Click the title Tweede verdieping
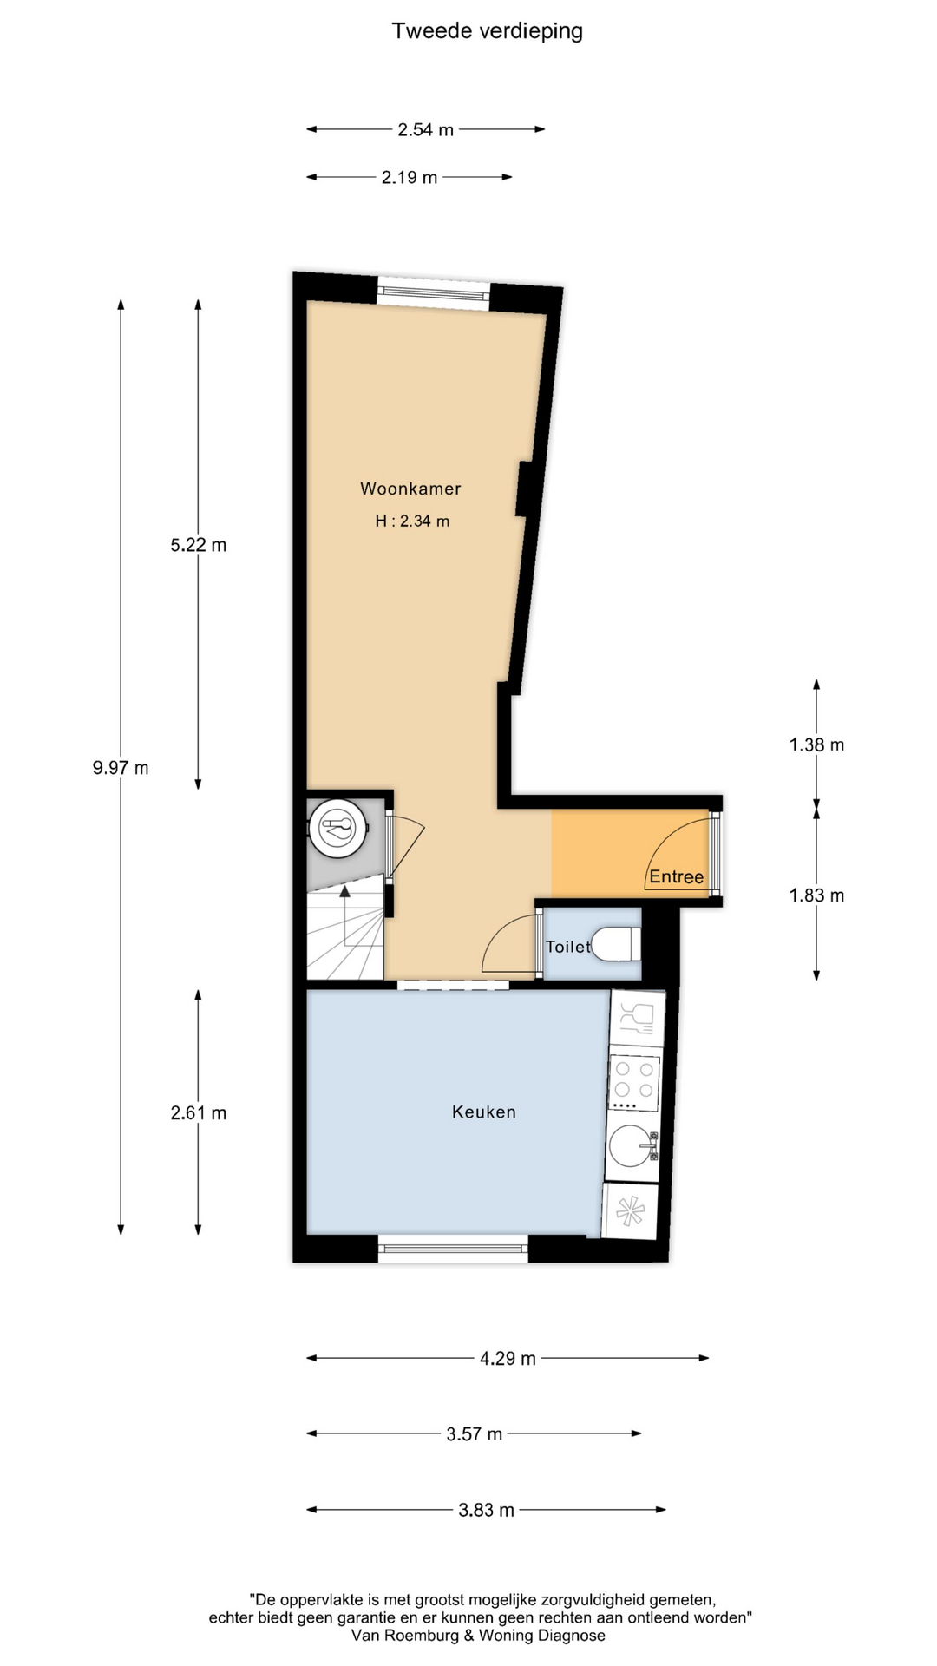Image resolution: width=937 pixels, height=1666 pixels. pos(487,31)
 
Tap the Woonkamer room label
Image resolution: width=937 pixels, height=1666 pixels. pos(410,489)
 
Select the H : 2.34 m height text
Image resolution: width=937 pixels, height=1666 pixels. pos(412,521)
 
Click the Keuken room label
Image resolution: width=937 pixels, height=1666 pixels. pos(484,1112)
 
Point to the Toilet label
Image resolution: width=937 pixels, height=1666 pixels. pos(567,947)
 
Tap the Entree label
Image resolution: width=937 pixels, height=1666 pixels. pos(677,876)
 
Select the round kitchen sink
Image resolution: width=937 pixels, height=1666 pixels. pos(632,1146)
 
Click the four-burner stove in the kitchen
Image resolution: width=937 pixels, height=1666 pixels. pos(634,1082)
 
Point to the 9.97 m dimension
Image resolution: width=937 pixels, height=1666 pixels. pos(121,768)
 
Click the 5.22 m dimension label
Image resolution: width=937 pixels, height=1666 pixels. pos(199,545)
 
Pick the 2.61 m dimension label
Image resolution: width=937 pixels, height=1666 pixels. pos(199,1112)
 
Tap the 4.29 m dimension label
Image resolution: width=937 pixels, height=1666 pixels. pos(508,1358)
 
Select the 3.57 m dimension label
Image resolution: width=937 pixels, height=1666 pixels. pos(475,1433)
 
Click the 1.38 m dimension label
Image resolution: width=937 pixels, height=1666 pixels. pos(816,744)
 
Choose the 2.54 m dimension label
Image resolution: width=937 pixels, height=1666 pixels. pos(425,130)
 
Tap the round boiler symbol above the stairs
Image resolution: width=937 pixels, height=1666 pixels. pos(337,828)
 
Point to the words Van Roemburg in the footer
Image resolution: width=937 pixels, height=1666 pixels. pos(405,1636)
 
